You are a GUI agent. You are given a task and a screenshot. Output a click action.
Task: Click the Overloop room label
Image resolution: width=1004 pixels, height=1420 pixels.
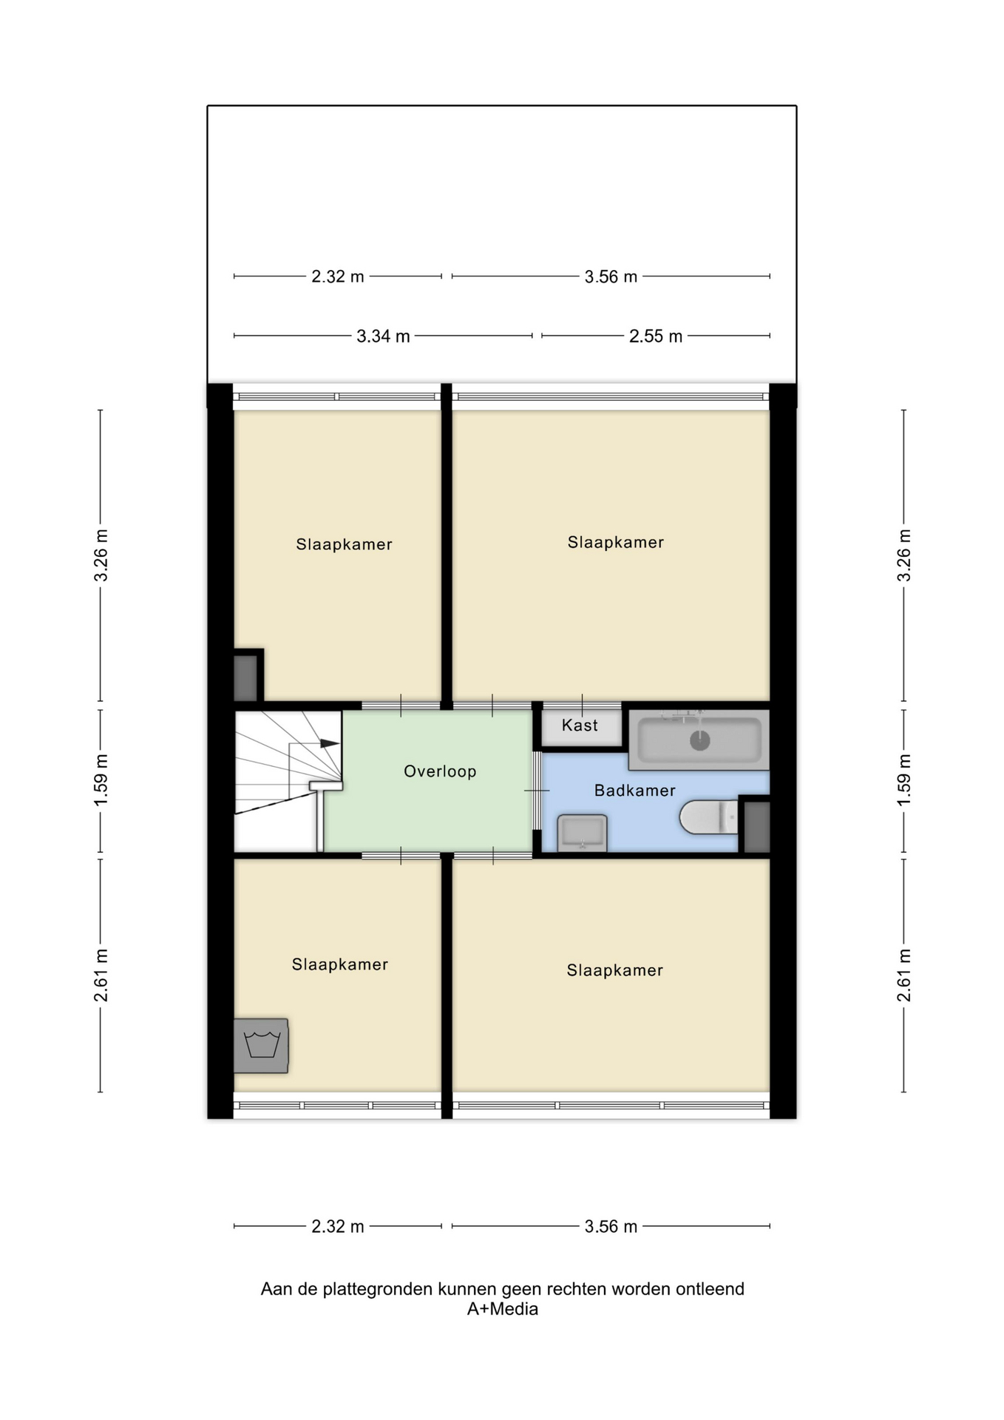click(440, 771)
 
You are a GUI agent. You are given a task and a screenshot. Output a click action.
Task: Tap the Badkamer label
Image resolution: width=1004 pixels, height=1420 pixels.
click(635, 791)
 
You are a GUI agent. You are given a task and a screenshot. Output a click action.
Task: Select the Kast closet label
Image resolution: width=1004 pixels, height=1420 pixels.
click(580, 726)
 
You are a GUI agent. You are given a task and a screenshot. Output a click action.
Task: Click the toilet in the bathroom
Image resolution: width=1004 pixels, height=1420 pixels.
click(709, 816)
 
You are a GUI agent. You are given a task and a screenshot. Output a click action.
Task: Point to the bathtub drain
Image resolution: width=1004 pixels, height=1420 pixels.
click(699, 740)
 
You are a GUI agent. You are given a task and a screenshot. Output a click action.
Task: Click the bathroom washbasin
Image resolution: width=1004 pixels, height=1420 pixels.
click(583, 834)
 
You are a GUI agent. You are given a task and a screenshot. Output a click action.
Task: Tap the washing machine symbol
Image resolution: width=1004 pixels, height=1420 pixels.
click(261, 1046)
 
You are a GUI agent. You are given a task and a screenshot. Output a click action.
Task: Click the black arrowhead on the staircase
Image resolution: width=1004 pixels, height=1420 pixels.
click(330, 743)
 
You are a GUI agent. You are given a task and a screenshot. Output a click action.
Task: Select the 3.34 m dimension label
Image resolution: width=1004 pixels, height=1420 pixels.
click(383, 337)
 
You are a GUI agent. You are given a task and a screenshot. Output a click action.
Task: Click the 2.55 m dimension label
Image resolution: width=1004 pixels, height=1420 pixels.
click(656, 337)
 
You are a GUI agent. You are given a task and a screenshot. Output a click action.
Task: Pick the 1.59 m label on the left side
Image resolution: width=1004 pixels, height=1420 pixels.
click(101, 781)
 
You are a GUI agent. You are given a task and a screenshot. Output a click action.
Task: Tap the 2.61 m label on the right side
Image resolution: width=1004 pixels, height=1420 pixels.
click(903, 976)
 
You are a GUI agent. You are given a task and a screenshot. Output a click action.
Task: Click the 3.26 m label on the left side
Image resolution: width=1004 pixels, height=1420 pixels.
click(101, 555)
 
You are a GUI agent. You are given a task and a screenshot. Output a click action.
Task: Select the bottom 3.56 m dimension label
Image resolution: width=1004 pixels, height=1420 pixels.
click(611, 1227)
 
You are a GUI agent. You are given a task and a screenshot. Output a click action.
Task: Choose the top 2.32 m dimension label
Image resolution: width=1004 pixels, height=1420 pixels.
click(338, 277)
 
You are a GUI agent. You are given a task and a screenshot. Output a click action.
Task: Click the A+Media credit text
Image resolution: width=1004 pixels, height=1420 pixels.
click(503, 1310)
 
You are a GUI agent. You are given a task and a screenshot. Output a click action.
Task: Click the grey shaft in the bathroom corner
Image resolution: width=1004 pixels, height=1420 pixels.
click(756, 827)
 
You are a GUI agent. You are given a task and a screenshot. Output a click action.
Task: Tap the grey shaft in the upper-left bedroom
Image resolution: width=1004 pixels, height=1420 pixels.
click(245, 677)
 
